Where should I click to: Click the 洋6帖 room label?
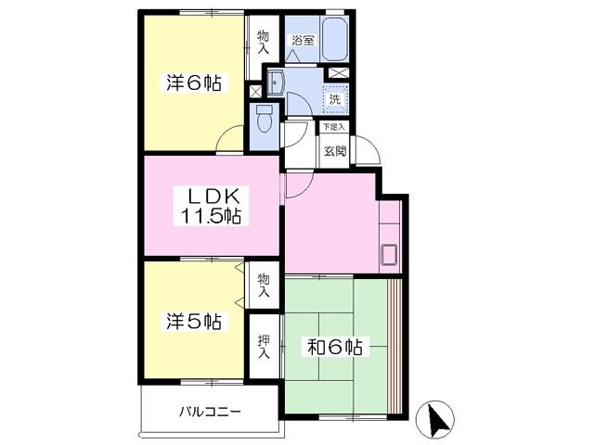[x=194, y=83]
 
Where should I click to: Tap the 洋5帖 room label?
[x=194, y=322]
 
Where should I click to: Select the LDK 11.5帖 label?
[x=211, y=206]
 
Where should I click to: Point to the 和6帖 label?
[x=334, y=347]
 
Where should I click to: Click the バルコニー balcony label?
[x=210, y=411]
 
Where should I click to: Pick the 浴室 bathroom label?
[x=303, y=40]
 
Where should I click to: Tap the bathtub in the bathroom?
[x=334, y=39]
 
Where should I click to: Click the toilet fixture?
[x=264, y=118]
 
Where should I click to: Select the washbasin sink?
[x=276, y=82]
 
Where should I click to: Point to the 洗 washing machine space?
[x=334, y=100]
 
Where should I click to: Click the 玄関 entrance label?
[x=335, y=151]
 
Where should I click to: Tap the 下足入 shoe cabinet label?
[x=334, y=127]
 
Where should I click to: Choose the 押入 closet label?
[x=264, y=346]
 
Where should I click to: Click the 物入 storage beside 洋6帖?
[x=264, y=42]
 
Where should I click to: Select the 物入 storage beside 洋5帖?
[x=264, y=285]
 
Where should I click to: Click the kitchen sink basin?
[x=389, y=255]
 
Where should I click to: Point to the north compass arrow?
[x=437, y=420]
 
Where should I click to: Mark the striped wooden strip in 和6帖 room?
[x=395, y=346]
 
